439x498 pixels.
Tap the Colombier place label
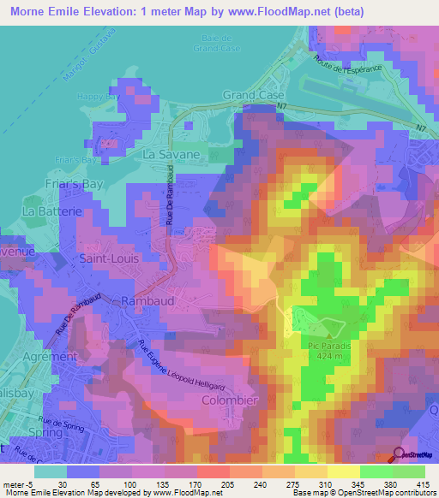pyautogui.click(x=229, y=400)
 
